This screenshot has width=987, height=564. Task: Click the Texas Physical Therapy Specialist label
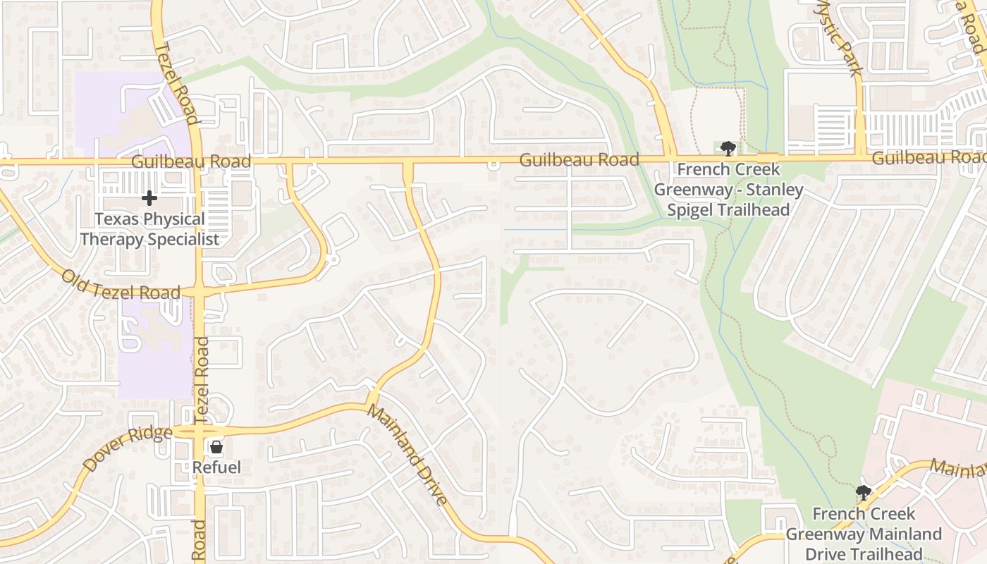tap(149, 229)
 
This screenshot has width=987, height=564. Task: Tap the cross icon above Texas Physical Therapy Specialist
tap(149, 198)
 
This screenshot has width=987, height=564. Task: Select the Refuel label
tap(216, 467)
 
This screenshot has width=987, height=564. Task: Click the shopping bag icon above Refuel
tap(216, 447)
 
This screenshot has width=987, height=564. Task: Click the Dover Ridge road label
tap(127, 449)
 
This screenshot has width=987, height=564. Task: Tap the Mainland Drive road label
tap(407, 455)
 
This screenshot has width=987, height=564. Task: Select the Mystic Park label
tap(840, 37)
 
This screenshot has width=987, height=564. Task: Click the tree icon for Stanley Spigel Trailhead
tap(728, 148)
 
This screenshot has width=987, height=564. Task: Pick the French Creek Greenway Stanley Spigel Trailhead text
tap(728, 190)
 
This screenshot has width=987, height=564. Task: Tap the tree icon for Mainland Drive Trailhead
tap(863, 492)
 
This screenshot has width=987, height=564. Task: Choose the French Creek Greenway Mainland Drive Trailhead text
tap(864, 534)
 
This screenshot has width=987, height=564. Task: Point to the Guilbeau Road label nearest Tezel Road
tap(191, 161)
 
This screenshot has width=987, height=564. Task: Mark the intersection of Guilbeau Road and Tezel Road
tap(198, 161)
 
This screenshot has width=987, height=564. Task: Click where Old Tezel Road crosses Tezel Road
tap(200, 291)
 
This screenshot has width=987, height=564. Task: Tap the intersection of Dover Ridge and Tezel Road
tap(200, 431)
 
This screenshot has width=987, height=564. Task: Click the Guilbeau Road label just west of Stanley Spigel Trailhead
tap(579, 160)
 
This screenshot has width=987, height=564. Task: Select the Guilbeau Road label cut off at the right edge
tap(928, 158)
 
